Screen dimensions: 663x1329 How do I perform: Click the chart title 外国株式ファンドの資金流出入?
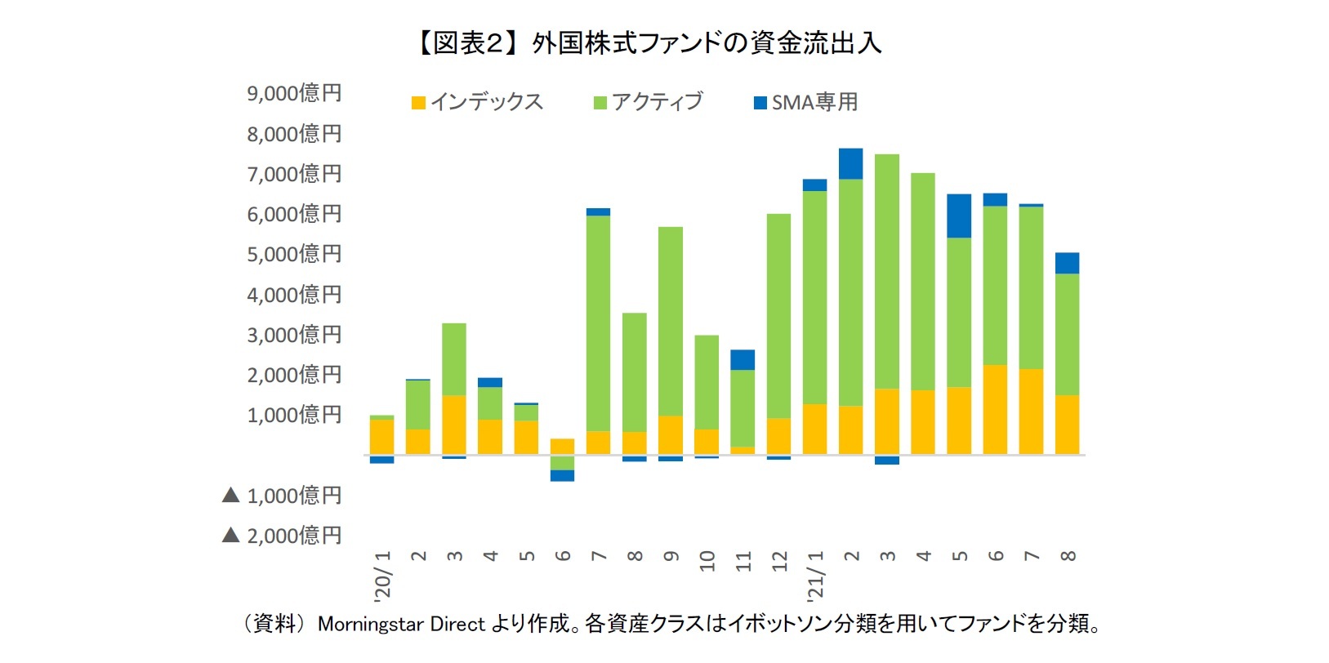click(x=650, y=42)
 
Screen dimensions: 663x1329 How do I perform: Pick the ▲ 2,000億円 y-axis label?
click(x=282, y=536)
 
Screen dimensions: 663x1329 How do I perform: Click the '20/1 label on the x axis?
click(x=382, y=574)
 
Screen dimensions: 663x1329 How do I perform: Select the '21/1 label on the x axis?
click(x=815, y=574)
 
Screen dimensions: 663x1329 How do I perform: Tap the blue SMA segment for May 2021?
click(x=959, y=216)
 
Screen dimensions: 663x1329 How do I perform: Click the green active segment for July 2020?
click(x=598, y=323)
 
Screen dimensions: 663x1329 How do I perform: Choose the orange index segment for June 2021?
click(x=995, y=409)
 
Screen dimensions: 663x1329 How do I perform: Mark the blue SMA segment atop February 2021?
click(x=850, y=163)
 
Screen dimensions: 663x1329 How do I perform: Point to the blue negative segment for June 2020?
click(x=562, y=475)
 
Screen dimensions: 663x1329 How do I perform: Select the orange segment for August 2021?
click(x=1067, y=425)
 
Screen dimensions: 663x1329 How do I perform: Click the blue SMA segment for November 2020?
click(x=743, y=360)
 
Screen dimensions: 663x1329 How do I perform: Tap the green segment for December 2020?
click(x=778, y=316)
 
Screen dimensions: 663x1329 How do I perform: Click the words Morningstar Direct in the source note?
click(x=401, y=625)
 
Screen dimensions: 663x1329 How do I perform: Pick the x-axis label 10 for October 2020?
click(x=707, y=560)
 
